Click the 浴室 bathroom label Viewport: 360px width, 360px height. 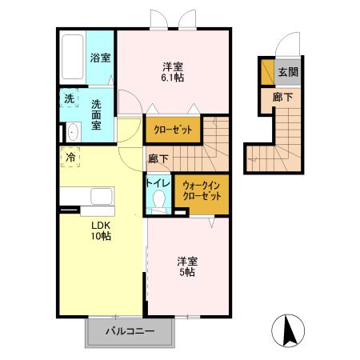click(x=100, y=58)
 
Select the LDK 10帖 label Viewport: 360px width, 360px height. click(x=100, y=230)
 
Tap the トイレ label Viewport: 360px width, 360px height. click(x=158, y=183)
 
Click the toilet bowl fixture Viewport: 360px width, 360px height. click(x=158, y=203)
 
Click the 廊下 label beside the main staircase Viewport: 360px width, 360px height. click(x=157, y=158)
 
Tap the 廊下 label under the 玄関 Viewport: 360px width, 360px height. click(x=277, y=96)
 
